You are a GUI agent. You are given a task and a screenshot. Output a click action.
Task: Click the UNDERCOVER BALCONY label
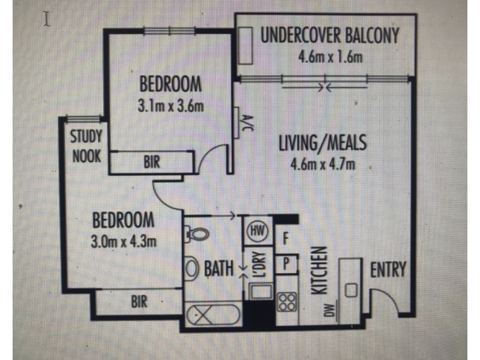click(x=329, y=35)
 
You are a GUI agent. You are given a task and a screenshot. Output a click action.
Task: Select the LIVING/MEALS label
click(x=322, y=144)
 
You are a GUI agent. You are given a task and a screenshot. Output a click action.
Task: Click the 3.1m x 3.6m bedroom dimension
click(x=170, y=107)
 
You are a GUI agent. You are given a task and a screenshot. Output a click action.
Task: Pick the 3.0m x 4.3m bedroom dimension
click(x=123, y=242)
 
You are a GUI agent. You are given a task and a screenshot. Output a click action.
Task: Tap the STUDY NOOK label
click(x=86, y=146)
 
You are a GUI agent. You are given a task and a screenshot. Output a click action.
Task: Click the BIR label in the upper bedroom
click(x=151, y=162)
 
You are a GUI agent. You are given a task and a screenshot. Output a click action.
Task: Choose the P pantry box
click(x=286, y=263)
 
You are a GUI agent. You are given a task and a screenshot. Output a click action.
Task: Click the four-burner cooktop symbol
click(x=287, y=301)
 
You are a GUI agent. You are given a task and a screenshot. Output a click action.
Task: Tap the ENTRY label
click(x=388, y=269)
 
